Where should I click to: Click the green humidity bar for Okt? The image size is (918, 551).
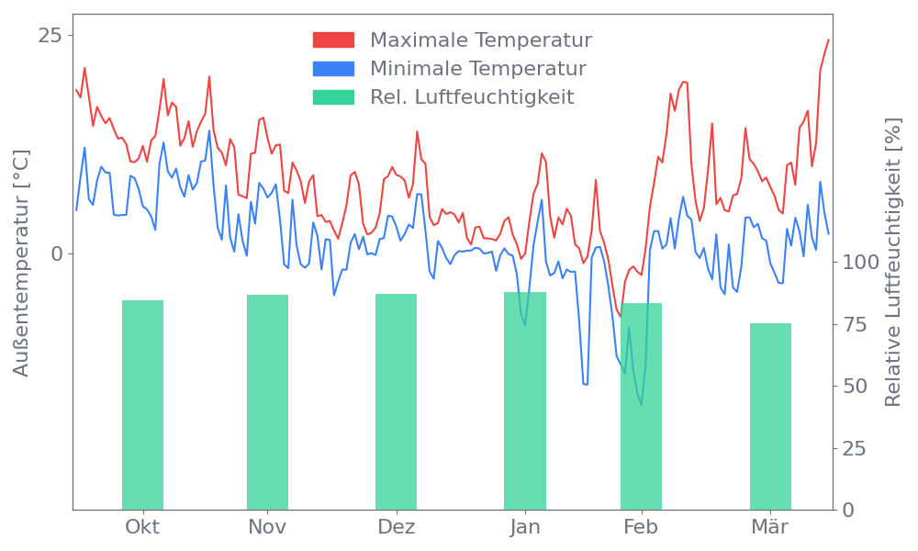[142, 404]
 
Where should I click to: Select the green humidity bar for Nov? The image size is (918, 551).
[267, 401]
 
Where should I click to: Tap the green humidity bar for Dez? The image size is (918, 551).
[396, 401]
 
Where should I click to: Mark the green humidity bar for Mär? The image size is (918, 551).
[770, 416]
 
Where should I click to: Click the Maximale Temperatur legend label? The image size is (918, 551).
[481, 40]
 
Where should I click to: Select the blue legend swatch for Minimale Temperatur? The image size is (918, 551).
[333, 69]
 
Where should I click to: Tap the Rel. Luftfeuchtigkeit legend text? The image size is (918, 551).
[472, 96]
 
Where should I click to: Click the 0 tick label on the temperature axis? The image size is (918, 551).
[56, 253]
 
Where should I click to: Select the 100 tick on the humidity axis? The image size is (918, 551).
[861, 263]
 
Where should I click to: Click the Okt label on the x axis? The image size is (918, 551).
[142, 527]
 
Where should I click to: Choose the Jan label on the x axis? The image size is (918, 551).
[525, 527]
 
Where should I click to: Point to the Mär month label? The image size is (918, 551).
[770, 527]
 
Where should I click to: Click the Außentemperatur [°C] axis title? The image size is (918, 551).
[22, 264]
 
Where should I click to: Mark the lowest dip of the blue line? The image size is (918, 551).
[641, 405]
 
